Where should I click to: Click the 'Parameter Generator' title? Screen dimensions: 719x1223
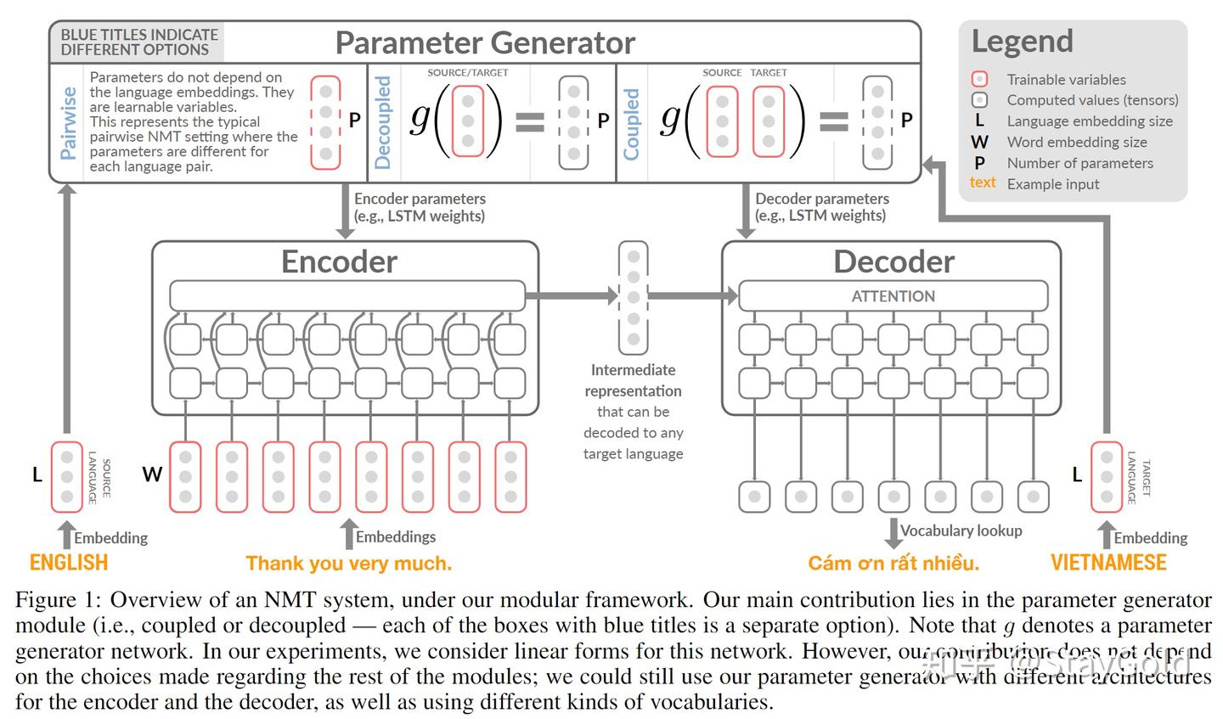pyautogui.click(x=485, y=42)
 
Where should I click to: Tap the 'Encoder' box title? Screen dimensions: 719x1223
pyautogui.click(x=339, y=261)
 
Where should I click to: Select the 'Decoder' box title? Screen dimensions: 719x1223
pyautogui.click(x=893, y=261)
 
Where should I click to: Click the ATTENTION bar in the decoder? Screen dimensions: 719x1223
pyautogui.click(x=893, y=296)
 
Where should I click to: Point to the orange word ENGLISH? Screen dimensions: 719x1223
pyautogui.click(x=69, y=563)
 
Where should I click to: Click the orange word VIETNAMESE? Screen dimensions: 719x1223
pyautogui.click(x=1108, y=563)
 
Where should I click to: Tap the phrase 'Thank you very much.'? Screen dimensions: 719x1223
pyautogui.click(x=349, y=563)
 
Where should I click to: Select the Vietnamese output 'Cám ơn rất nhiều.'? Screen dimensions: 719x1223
pyautogui.click(x=893, y=563)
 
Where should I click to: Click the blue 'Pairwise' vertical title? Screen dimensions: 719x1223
pyautogui.click(x=69, y=122)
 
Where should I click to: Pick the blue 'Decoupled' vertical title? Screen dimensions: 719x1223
pyautogui.click(x=383, y=122)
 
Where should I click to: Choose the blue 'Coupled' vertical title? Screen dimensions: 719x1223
pyautogui.click(x=631, y=124)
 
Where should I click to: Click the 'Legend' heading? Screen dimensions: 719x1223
pyautogui.click(x=1022, y=41)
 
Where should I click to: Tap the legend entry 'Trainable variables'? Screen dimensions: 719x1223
pyautogui.click(x=1066, y=80)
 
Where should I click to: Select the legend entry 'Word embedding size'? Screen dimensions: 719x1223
pyautogui.click(x=1076, y=143)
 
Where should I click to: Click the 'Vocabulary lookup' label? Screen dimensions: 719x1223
pyautogui.click(x=961, y=531)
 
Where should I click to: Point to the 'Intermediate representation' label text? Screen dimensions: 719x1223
pyautogui.click(x=633, y=380)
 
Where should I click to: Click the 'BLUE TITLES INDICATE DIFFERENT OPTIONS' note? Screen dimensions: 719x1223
pyautogui.click(x=139, y=42)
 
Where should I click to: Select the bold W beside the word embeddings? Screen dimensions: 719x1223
pyautogui.click(x=152, y=475)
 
